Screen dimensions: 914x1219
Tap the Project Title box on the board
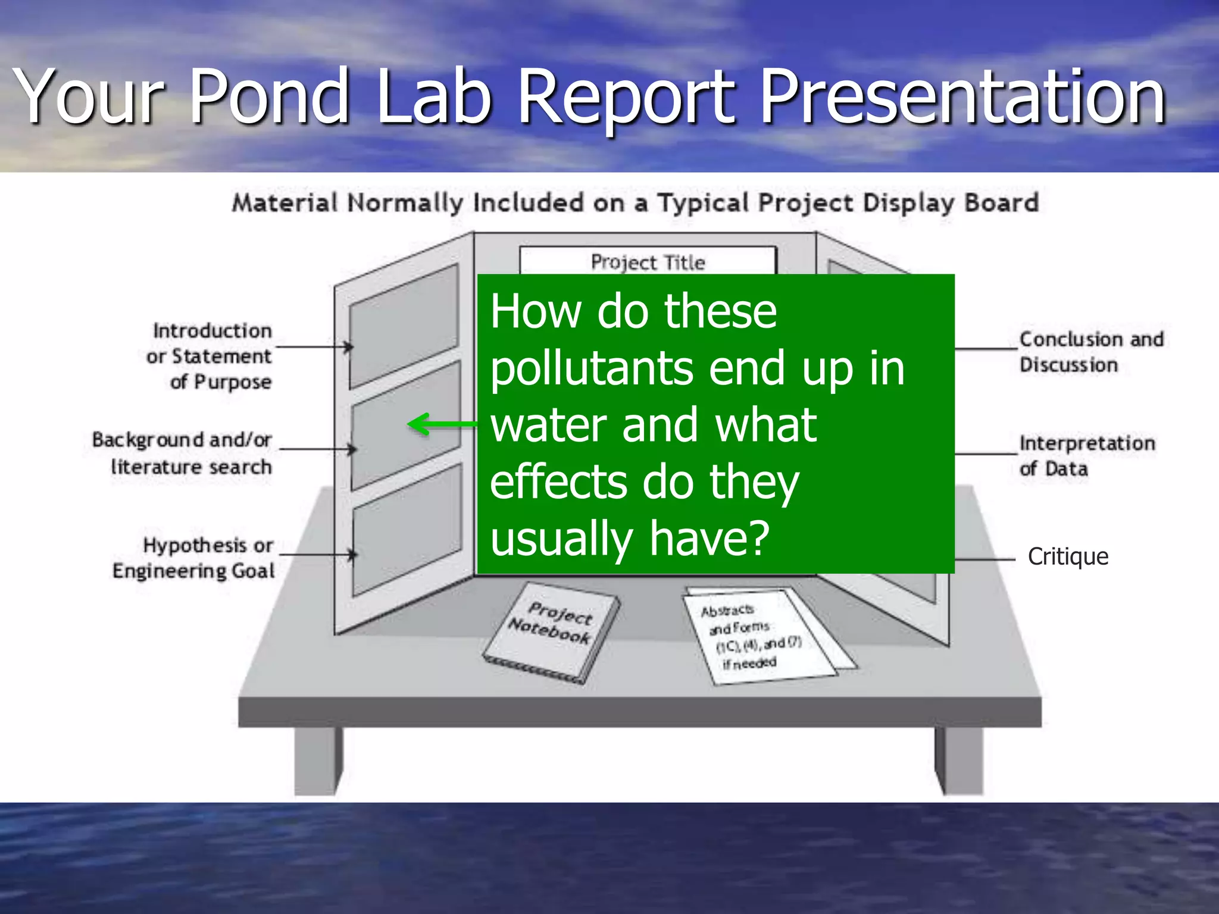point(648,261)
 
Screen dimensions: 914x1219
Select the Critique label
point(1068,557)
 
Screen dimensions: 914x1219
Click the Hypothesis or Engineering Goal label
point(194,558)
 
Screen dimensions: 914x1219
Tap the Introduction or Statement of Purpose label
point(211,356)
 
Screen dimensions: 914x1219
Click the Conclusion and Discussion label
point(1090,352)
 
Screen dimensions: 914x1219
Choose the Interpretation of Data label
point(1086,455)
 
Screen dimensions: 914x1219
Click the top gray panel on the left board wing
point(404,324)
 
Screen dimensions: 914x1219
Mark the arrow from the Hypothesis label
point(318,555)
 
